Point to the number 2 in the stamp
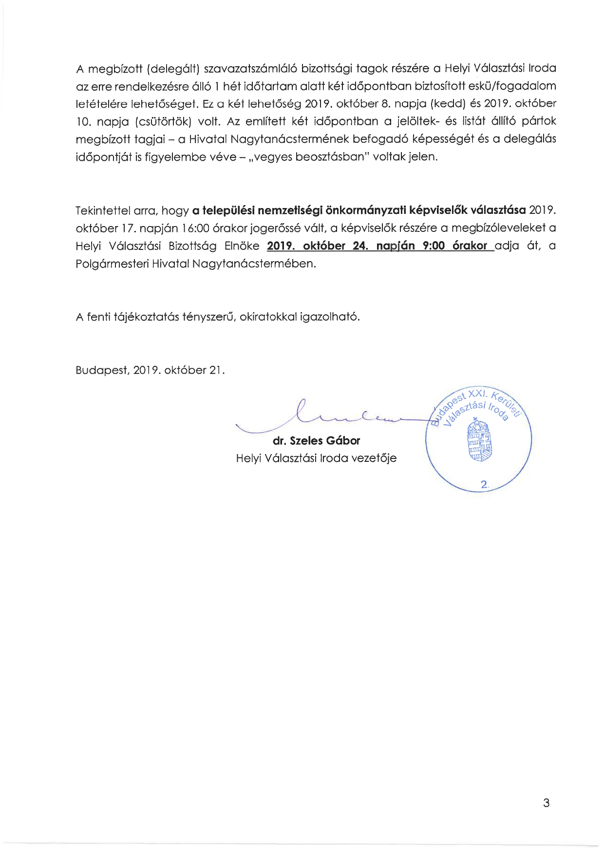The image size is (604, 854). click(484, 484)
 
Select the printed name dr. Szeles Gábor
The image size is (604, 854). click(316, 441)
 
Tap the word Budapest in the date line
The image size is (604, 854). click(102, 370)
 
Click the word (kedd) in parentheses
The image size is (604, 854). click(444, 104)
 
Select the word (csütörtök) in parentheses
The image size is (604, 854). click(163, 121)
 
